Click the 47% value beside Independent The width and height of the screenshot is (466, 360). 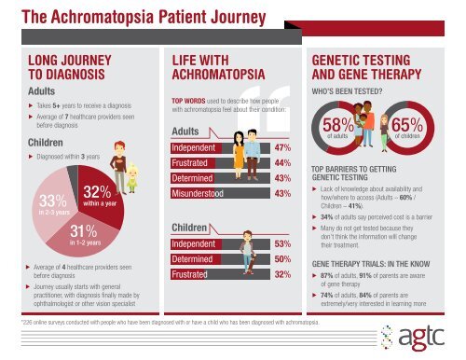pos(285,147)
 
